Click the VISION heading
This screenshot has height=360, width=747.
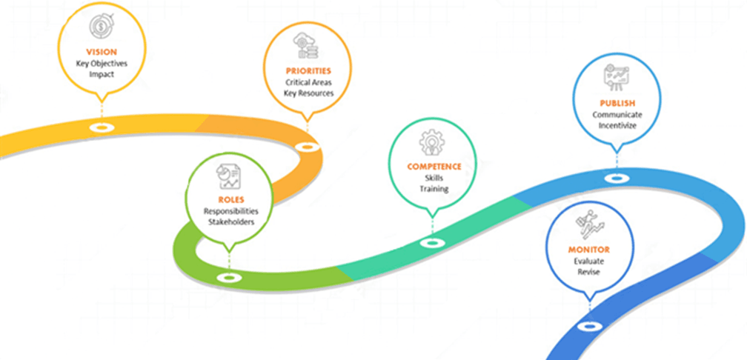(x=102, y=52)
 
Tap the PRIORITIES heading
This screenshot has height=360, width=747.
(x=308, y=70)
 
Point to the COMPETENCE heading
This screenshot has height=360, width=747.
(x=434, y=167)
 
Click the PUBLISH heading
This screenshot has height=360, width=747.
(x=617, y=103)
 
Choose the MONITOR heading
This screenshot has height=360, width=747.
(x=588, y=250)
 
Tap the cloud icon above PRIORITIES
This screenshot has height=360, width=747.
(x=306, y=45)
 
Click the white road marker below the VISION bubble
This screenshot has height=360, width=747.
(x=101, y=127)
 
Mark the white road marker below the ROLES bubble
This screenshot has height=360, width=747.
(x=228, y=278)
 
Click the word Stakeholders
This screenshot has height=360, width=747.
(x=229, y=221)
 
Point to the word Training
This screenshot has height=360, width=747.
(x=434, y=189)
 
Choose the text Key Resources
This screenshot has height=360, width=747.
(x=308, y=93)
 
